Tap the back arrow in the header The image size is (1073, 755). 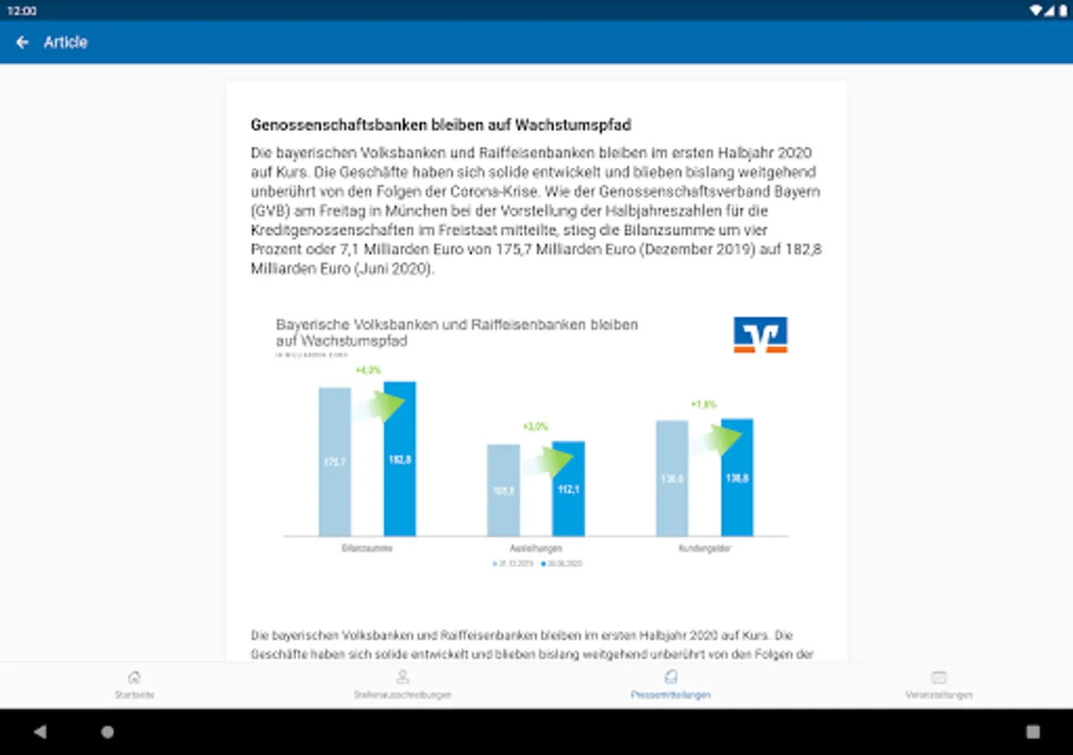coord(23,42)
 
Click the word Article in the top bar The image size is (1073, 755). coord(65,42)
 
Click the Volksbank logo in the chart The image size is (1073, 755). coord(760,334)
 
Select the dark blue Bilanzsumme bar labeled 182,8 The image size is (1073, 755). coord(400,459)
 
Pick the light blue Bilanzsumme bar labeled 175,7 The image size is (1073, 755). coord(334,461)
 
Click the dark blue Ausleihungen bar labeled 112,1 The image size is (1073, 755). coord(568,488)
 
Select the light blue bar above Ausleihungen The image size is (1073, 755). coord(504,490)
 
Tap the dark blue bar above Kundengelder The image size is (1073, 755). coord(738,477)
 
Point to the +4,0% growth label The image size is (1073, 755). coord(368,370)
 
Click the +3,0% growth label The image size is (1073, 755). coord(535,427)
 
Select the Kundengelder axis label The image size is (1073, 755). coord(704,548)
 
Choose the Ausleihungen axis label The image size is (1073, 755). coord(536,548)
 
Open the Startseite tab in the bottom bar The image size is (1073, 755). coord(134,685)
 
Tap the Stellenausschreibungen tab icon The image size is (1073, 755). coord(402,677)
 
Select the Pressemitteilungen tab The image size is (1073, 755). coord(671,685)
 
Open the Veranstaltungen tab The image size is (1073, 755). coord(939,685)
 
